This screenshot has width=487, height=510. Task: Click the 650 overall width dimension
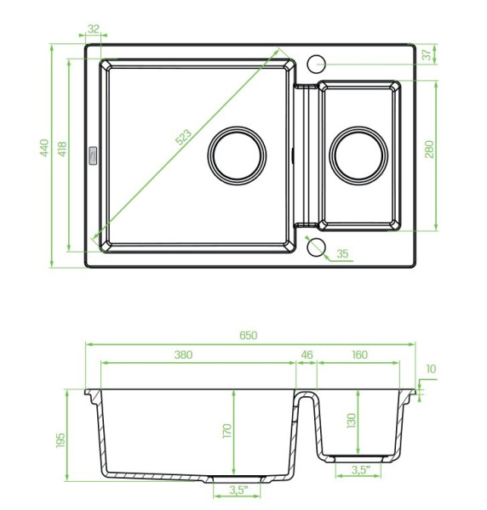pyautogui.click(x=249, y=335)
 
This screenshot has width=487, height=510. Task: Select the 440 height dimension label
pyautogui.click(x=44, y=148)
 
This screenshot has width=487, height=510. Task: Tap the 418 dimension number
pyautogui.click(x=62, y=149)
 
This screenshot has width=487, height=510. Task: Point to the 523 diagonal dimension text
pyautogui.click(x=183, y=137)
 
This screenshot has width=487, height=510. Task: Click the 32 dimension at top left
pyautogui.click(x=93, y=29)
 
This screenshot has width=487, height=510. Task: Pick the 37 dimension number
pyautogui.click(x=427, y=54)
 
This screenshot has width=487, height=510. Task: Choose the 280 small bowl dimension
pyautogui.click(x=430, y=150)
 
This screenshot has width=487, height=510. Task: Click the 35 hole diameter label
pyautogui.click(x=342, y=253)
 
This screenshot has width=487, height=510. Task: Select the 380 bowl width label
pyautogui.click(x=183, y=354)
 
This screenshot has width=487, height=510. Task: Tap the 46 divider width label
pyautogui.click(x=307, y=354)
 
